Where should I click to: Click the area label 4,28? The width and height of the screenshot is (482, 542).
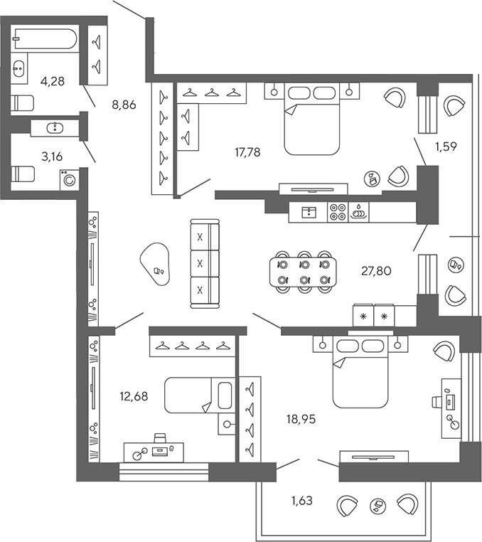tap(53, 81)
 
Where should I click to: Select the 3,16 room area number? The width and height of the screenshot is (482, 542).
tap(52, 156)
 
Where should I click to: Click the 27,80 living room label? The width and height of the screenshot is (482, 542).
tap(376, 270)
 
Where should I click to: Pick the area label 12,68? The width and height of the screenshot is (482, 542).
tap(133, 396)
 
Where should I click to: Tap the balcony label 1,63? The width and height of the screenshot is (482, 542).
tap(301, 500)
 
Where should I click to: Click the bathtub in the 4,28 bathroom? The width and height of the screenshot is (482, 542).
tap(45, 40)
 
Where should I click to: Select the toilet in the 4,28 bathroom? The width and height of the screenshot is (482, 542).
tap(23, 103)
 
